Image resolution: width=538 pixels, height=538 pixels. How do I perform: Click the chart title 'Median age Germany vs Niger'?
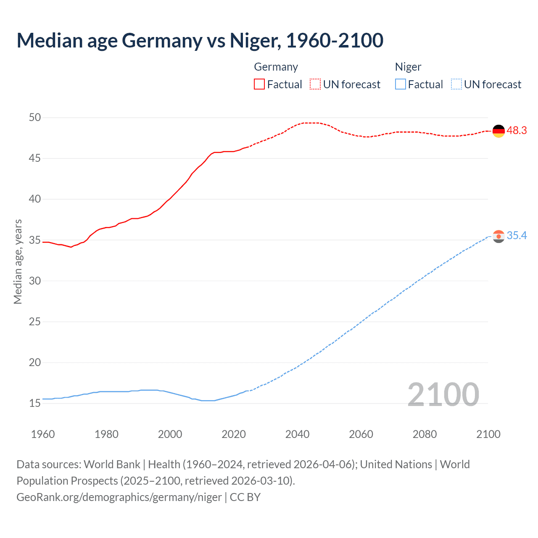tap(200, 41)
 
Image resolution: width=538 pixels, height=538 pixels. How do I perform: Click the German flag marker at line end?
tap(498, 131)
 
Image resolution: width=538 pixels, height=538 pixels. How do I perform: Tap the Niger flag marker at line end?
tap(498, 236)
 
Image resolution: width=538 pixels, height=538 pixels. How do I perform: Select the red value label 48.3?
tap(517, 131)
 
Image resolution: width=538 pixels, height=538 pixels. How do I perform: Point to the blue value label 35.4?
tap(517, 236)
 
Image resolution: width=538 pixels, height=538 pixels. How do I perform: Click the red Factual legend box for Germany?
tap(259, 84)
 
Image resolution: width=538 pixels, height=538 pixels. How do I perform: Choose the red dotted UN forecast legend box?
tap(315, 84)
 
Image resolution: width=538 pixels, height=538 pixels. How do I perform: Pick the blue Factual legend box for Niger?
tap(400, 84)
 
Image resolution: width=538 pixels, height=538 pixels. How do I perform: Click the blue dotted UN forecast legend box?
tap(456, 84)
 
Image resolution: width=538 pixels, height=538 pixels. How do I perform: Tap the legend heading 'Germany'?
tap(276, 67)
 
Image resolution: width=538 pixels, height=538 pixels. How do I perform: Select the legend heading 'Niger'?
tap(408, 67)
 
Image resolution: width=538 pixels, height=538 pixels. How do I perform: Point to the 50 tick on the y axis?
tap(35, 117)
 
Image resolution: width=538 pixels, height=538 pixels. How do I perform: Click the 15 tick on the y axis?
tap(35, 403)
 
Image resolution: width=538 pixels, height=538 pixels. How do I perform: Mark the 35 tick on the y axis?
tap(35, 240)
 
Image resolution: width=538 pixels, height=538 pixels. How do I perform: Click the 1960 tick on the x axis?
tap(43, 434)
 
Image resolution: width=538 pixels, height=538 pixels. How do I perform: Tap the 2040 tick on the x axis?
tap(297, 434)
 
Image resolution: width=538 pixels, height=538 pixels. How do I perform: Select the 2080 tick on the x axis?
tap(425, 434)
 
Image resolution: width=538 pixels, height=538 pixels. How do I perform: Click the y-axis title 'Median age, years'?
tap(18, 261)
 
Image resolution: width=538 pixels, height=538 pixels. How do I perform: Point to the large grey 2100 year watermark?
tap(443, 394)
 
